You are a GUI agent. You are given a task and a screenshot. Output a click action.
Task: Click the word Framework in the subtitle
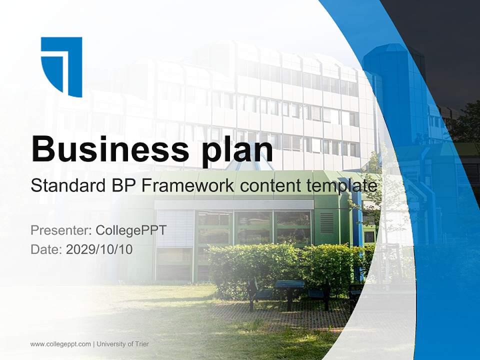(186, 186)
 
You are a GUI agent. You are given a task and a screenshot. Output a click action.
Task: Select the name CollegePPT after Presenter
(131, 230)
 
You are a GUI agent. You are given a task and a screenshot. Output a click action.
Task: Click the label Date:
(46, 249)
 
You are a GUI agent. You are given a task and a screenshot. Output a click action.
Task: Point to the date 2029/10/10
(99, 249)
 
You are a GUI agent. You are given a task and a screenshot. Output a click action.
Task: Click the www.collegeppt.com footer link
(60, 344)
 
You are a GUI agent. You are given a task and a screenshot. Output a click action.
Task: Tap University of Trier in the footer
(123, 344)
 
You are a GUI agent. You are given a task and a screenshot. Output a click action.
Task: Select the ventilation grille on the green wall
(326, 223)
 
